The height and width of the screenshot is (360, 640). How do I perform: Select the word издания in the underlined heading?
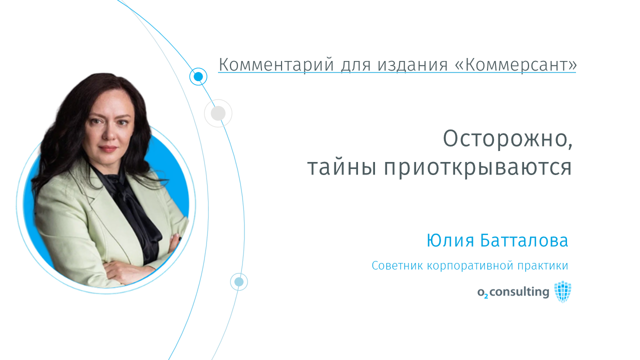coord(412,65)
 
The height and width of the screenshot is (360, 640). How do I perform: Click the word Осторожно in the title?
coord(507,139)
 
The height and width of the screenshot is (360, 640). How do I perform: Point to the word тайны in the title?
coord(341,167)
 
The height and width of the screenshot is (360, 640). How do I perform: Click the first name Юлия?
coord(450,240)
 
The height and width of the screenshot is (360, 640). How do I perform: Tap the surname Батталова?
coord(524,240)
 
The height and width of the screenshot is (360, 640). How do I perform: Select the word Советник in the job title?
coord(397,265)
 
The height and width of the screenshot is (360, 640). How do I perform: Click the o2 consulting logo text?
coord(513,292)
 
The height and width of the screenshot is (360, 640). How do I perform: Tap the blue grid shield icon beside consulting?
coord(562,291)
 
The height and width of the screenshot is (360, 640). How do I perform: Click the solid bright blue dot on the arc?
coord(198,76)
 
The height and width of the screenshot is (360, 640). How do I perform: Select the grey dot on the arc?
coord(218,113)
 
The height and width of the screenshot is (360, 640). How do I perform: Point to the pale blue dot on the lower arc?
coord(239,281)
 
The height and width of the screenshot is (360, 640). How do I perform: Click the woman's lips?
coord(108,148)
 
